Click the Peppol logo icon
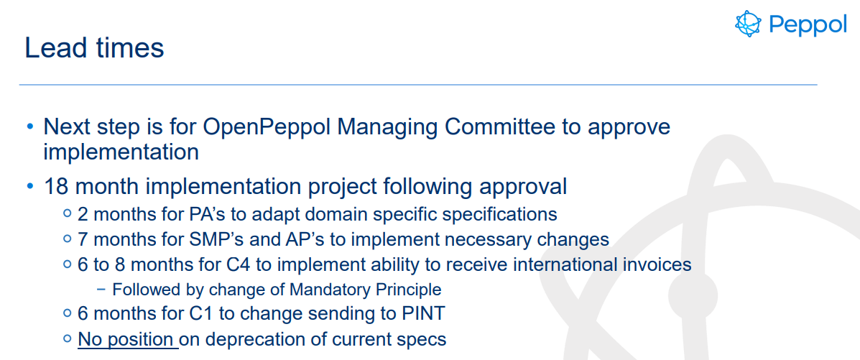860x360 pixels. coord(749,24)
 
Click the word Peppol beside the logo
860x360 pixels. coord(808,24)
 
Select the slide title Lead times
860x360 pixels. coord(94,47)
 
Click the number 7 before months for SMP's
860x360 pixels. coord(83,240)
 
